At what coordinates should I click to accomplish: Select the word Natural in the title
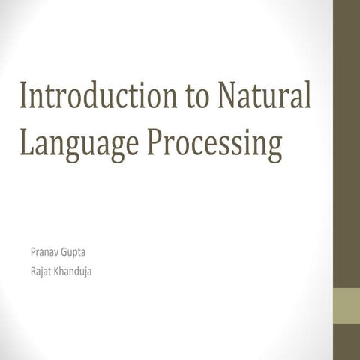point(265,98)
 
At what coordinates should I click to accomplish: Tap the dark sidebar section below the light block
point(346,343)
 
